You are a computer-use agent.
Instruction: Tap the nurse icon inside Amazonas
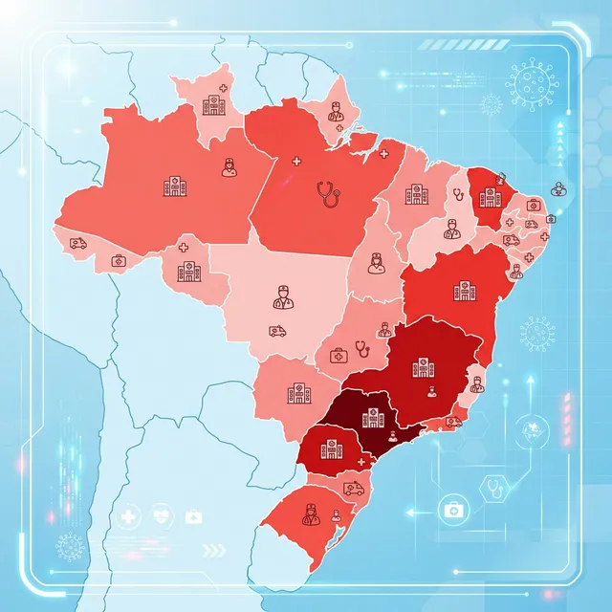click(229, 167)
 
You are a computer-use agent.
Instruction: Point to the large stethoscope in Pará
click(328, 194)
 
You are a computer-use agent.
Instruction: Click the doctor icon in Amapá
click(336, 112)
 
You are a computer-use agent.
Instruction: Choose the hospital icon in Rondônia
click(186, 272)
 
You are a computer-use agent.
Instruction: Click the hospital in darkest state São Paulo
click(373, 417)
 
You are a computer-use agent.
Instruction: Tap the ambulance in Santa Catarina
click(354, 489)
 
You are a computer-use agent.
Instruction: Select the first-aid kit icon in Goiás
click(338, 355)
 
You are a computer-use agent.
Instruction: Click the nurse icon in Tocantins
click(376, 261)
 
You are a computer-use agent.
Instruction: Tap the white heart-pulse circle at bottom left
click(160, 517)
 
